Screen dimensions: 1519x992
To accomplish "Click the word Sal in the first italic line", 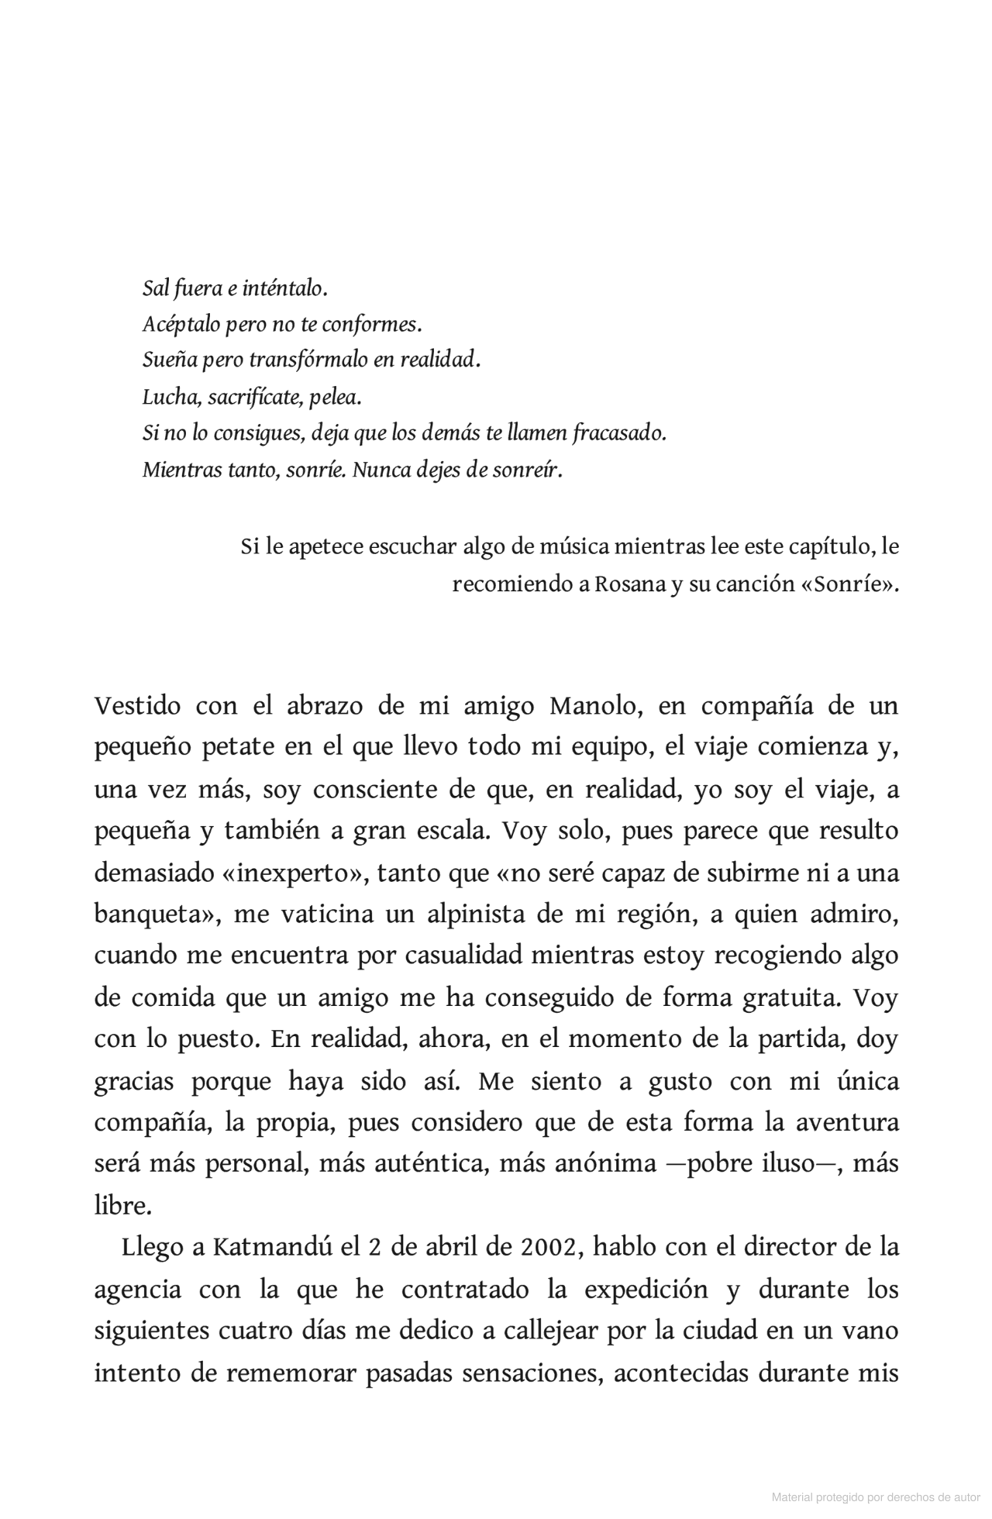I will [157, 289].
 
